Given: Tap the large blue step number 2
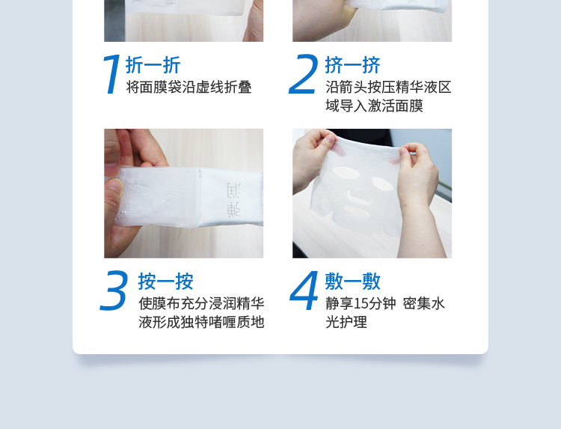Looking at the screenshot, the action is coord(304,74).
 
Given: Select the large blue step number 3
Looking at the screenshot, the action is coord(114,290).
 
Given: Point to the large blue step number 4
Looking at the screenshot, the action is coord(304,290).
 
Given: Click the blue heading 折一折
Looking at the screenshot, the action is coord(153,65).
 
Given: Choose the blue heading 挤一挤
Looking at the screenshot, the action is coord(352,65).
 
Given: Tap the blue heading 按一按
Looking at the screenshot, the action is coord(165,282).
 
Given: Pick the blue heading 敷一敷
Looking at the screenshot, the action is coord(352,282).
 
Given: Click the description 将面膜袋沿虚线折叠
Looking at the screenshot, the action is coord(188,88).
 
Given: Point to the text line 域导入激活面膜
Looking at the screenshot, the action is coord(374,106).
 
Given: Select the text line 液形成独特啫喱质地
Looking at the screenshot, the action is coord(201,322).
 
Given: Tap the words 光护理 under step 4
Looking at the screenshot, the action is coord(346,322).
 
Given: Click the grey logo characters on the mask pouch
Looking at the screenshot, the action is coord(233,199).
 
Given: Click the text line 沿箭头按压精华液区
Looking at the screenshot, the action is coord(388,88).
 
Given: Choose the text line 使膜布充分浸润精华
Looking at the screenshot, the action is coord(201,304).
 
